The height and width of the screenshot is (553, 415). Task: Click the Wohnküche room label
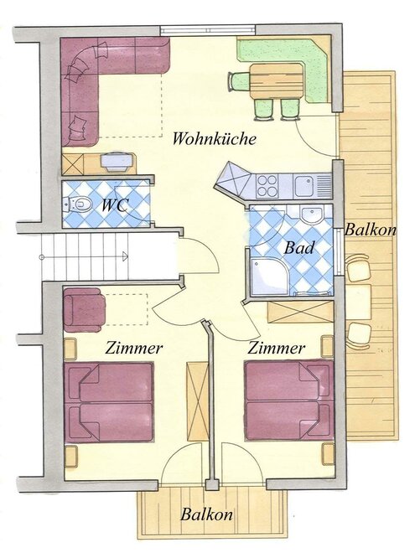(x=214, y=138)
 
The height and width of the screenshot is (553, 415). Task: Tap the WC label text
(x=114, y=205)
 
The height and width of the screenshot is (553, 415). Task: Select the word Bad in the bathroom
(x=299, y=248)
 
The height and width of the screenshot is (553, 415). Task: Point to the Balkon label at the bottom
(x=207, y=514)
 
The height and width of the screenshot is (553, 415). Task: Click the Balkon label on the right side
(x=371, y=230)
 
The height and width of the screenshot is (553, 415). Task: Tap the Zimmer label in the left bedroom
(x=134, y=348)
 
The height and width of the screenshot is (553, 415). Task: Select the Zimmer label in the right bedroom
(x=277, y=348)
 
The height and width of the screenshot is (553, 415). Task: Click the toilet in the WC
(x=77, y=204)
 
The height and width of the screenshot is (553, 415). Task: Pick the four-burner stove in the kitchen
(x=267, y=186)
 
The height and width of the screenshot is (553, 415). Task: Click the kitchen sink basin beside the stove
(x=303, y=186)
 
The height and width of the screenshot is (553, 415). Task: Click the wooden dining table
(x=277, y=81)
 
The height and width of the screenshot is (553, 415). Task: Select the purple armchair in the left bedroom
(x=85, y=310)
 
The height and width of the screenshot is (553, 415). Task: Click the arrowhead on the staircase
(x=125, y=256)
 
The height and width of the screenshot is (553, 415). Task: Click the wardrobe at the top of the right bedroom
(x=300, y=313)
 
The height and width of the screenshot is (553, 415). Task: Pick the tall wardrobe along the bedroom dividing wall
(x=198, y=401)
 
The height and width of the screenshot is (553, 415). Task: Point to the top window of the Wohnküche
(x=208, y=30)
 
